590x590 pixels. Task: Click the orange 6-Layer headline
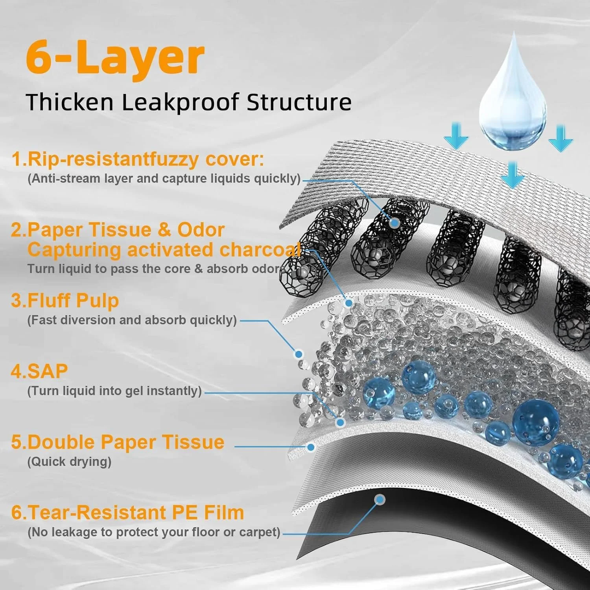point(115,58)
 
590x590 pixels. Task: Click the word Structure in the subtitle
point(299,102)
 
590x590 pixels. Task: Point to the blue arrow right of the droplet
point(560,138)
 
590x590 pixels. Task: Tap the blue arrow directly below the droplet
point(512,175)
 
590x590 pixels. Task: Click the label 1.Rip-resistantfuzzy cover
point(138,159)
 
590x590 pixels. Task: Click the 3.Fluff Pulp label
point(65,301)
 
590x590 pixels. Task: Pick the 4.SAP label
point(39,371)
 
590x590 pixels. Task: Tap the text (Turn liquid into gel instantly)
point(114,391)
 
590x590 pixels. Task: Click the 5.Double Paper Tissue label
point(118,442)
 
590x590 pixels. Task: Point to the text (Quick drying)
point(69,461)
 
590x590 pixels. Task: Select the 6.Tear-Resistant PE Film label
point(127,513)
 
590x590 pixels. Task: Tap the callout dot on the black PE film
point(380,500)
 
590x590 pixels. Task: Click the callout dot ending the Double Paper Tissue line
point(311,447)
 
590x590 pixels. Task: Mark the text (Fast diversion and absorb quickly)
point(132,320)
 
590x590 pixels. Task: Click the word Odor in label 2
point(201,230)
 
